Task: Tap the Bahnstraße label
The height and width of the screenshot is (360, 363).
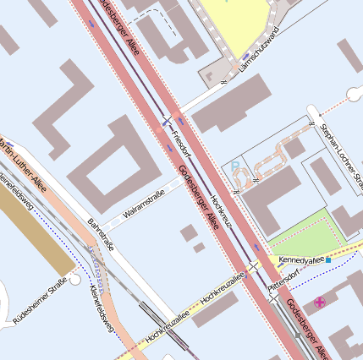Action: (x=100, y=234)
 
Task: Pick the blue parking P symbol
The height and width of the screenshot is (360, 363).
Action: (x=234, y=167)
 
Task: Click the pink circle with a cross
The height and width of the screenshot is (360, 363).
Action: (x=320, y=302)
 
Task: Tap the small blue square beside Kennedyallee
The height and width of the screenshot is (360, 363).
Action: (x=328, y=259)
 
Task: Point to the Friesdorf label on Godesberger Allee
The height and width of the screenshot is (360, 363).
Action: (x=180, y=144)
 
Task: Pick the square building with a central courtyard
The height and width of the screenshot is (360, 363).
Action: (x=116, y=161)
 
